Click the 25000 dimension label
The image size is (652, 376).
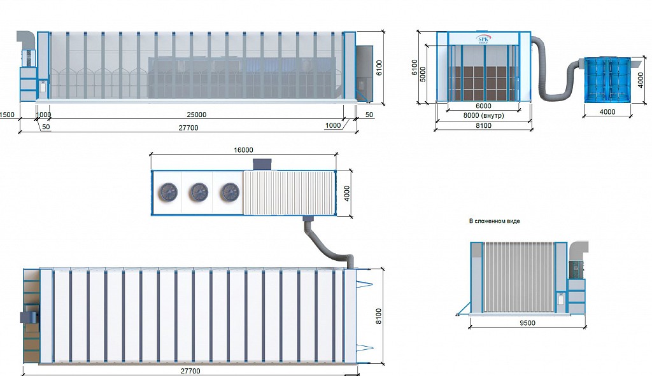(x=196, y=115)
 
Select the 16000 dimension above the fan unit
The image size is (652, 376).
(x=243, y=150)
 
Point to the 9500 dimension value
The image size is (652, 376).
(x=527, y=323)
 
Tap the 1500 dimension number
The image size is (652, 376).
(x=7, y=115)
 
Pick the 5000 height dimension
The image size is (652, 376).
(x=423, y=74)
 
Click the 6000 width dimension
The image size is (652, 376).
(x=483, y=106)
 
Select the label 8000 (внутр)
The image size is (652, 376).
(x=483, y=115)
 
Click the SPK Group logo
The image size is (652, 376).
(x=484, y=39)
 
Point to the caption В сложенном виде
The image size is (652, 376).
(x=494, y=221)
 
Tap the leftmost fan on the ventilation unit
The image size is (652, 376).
(x=168, y=192)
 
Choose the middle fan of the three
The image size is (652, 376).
(x=199, y=192)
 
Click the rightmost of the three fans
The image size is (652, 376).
(x=229, y=192)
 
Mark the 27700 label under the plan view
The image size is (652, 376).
(x=190, y=371)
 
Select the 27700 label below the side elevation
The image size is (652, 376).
(x=188, y=128)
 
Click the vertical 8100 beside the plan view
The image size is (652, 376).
(x=378, y=316)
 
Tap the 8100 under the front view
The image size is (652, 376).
(x=483, y=125)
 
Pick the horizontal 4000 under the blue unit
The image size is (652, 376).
(x=607, y=112)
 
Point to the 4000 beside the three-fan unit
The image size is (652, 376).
(x=347, y=193)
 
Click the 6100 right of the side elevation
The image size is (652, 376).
(x=379, y=67)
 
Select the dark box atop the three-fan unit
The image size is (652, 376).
(x=262, y=164)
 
